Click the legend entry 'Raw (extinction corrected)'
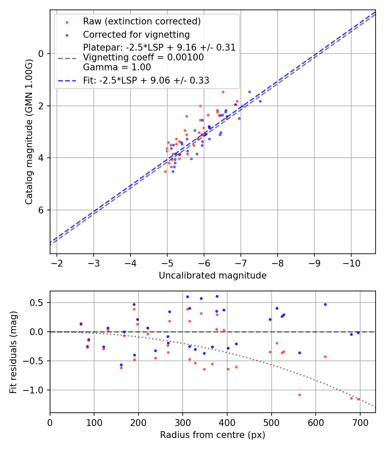142,21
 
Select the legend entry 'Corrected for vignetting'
136,34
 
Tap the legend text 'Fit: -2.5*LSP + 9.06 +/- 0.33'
146,80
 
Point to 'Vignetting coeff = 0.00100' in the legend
143,57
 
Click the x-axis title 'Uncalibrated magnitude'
213,276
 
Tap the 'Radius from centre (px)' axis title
213,435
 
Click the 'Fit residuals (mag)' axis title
13,352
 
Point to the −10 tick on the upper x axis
351,262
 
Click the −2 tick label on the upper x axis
57,262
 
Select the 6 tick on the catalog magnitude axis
41,210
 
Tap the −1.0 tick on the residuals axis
38,390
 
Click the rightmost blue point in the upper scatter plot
260,101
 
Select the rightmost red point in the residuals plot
358,399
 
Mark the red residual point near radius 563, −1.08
299,395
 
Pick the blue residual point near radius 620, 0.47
325,304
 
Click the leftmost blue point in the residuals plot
81,324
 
